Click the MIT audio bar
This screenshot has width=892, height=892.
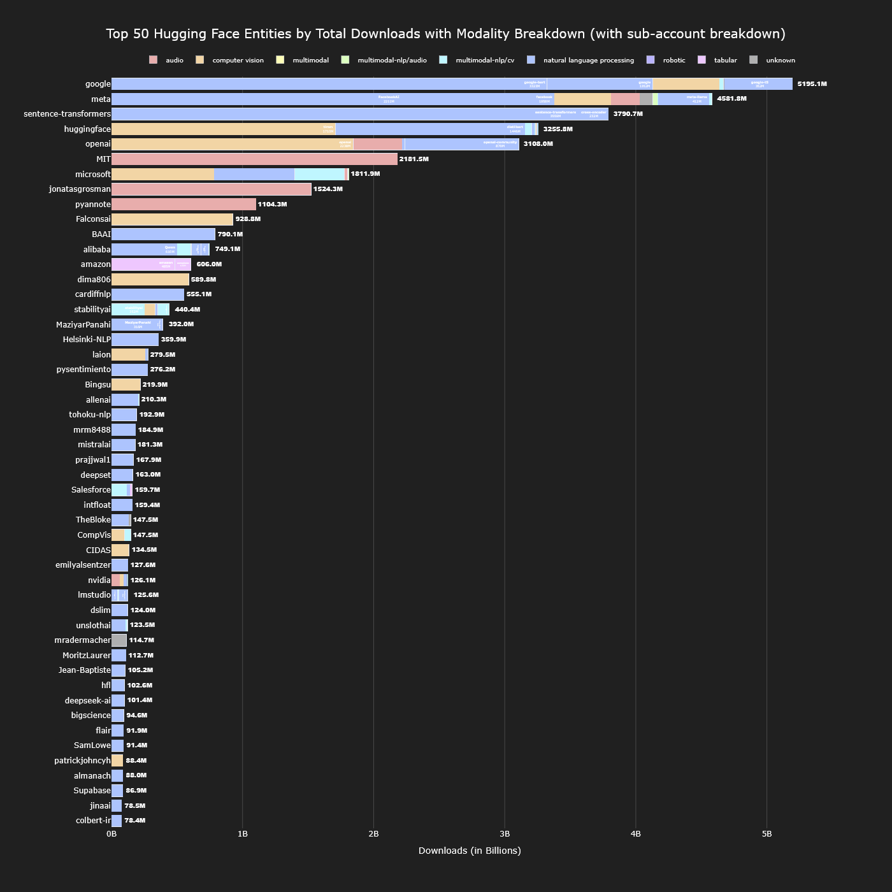tap(254, 159)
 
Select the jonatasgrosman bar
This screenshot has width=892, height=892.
tap(211, 189)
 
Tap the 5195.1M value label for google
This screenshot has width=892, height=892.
tap(812, 84)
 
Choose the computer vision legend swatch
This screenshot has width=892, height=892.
tap(200, 60)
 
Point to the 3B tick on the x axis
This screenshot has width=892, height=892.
tap(505, 834)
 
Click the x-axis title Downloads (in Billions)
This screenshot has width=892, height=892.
tap(470, 851)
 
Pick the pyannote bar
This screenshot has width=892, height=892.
tap(183, 204)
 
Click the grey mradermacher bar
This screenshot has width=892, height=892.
tap(119, 640)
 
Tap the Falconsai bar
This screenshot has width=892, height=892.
tap(172, 219)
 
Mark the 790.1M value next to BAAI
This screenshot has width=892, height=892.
tap(230, 234)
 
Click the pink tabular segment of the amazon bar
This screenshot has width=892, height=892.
tap(143, 264)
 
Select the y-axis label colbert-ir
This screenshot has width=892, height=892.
tap(92, 821)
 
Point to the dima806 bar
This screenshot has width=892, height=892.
tap(150, 279)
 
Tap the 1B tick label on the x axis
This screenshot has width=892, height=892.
tap(242, 834)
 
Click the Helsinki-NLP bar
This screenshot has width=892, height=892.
tap(135, 340)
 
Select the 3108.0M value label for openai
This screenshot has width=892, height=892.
tap(538, 144)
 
